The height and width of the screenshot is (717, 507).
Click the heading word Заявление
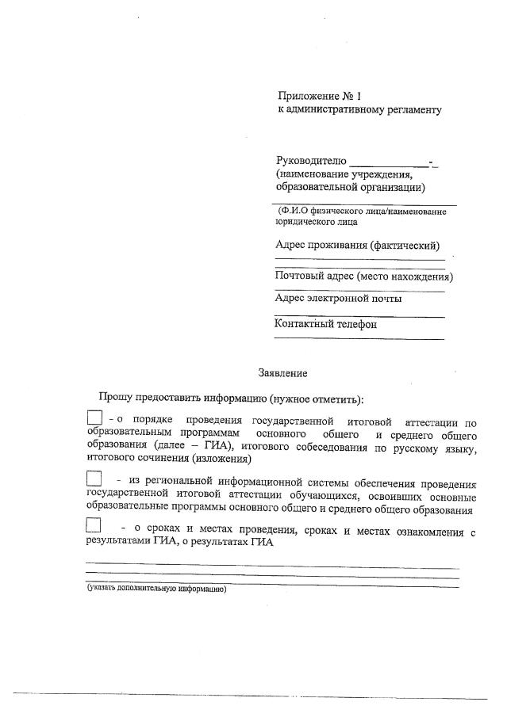(x=282, y=372)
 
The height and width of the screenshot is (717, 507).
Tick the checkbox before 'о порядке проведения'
(x=94, y=417)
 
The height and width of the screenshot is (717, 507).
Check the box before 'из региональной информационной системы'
(x=94, y=479)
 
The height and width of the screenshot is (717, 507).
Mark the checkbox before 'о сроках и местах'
(x=94, y=524)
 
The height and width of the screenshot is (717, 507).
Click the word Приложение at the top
(x=304, y=95)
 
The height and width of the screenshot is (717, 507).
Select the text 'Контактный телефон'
(x=325, y=323)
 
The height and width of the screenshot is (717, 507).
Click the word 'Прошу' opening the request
(x=115, y=397)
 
